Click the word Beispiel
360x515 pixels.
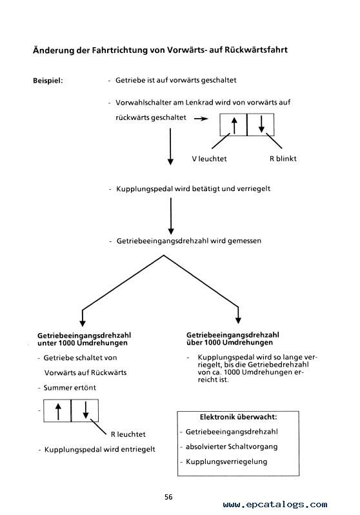point(48,81)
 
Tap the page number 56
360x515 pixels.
point(168,497)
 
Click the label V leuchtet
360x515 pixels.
point(209,159)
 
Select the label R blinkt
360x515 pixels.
point(283,159)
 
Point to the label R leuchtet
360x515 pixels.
point(128,434)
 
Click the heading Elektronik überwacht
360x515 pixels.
point(238,417)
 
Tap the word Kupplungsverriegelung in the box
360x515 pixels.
point(226,462)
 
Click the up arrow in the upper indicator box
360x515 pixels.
point(234,125)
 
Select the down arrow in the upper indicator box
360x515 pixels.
point(261,125)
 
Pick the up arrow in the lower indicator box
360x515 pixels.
point(58,412)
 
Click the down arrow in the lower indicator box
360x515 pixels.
point(86,410)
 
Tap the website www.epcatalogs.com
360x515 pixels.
point(275,505)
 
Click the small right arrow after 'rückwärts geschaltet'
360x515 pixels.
point(201,119)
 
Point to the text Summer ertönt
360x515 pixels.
point(70,388)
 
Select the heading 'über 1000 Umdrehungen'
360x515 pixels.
point(230,343)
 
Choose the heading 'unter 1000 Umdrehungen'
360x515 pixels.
point(83,343)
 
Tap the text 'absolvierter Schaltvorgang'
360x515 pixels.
point(232,447)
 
